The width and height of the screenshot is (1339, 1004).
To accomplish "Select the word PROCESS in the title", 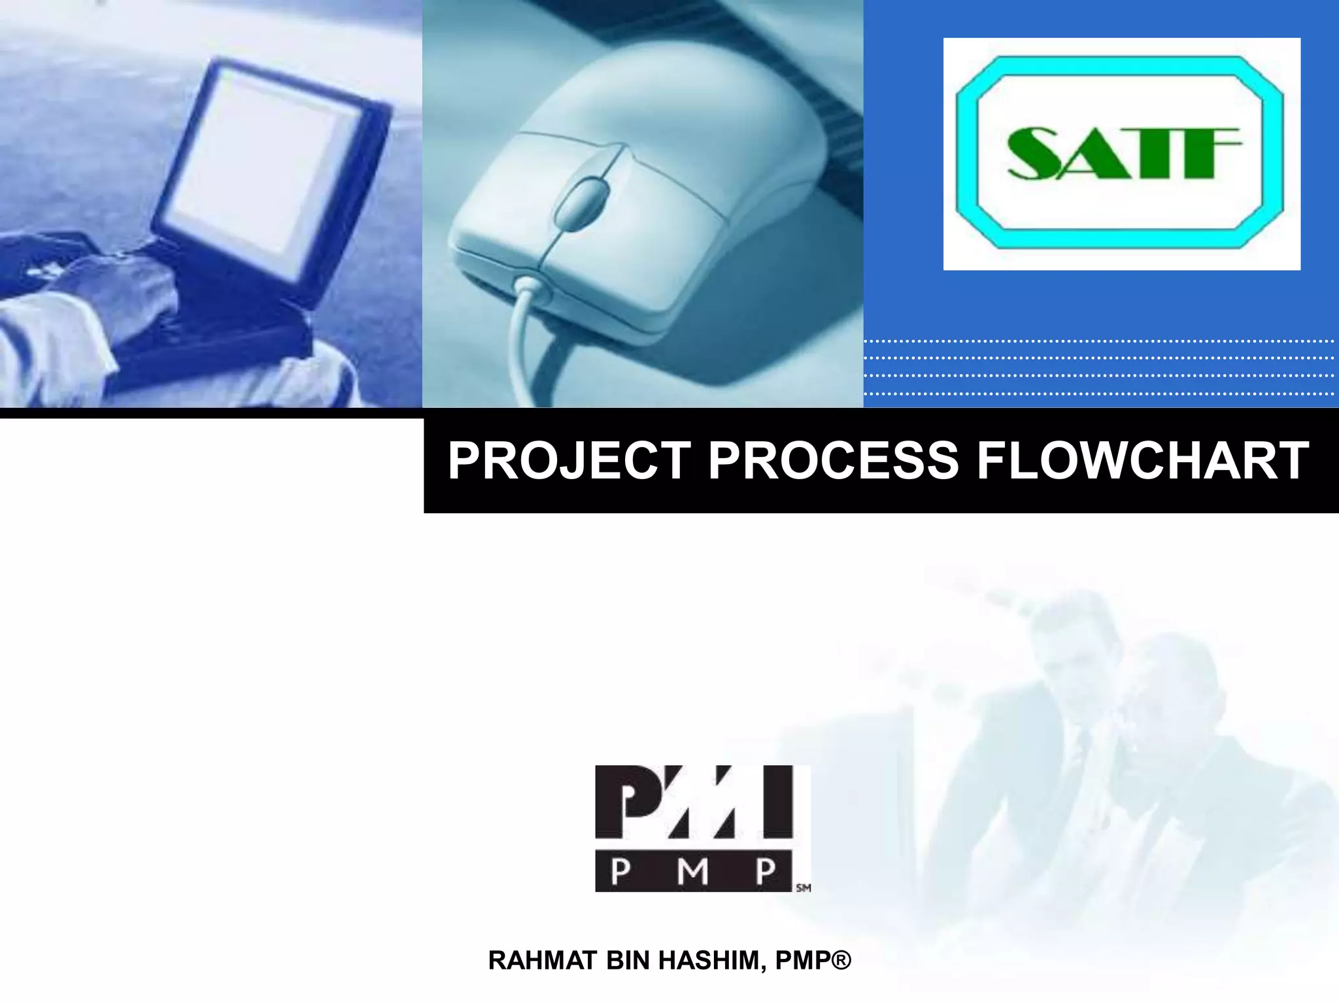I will coord(834,461).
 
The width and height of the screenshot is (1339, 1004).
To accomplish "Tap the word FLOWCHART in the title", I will coord(1143,461).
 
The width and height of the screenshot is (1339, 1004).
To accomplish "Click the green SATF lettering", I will coord(1122,154).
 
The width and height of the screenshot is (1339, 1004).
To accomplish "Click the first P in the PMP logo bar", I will coord(622,871).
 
